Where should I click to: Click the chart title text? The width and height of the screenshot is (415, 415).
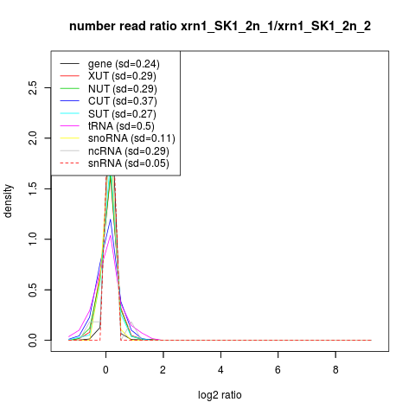pos(220,27)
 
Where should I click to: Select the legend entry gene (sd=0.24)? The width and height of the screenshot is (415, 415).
pos(124,64)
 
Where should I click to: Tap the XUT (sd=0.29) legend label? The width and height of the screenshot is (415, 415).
pos(122,76)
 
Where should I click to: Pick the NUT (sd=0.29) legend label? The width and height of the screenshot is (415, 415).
pos(123,89)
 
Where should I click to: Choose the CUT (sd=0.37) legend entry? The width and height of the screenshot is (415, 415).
pos(123,101)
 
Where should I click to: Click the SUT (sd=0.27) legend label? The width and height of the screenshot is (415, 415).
pos(122,114)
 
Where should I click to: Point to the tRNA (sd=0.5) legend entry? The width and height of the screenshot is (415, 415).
pos(121,126)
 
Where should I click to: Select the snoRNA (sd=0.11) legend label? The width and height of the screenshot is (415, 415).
pos(131,138)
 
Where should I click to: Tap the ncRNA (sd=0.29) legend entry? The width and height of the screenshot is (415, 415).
pos(129,151)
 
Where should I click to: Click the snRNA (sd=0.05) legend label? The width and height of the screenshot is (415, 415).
pos(129,163)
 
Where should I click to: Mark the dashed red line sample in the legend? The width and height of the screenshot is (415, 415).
pos(69,163)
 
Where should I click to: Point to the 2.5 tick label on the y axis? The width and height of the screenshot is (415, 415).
pos(33,87)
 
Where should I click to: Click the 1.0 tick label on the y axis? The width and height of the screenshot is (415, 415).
pos(33,239)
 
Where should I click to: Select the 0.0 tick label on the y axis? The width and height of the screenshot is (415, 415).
pos(33,340)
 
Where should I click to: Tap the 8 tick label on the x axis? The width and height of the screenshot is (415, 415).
pos(335,370)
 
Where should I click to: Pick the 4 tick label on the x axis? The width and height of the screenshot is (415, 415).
pos(220,370)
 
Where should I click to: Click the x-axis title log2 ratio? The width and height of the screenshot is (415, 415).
pos(220,395)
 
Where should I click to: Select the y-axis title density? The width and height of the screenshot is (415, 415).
pos(8,201)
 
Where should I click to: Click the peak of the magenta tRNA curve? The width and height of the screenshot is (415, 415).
pos(110,235)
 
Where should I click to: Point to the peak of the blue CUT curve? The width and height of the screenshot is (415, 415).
pos(110,219)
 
